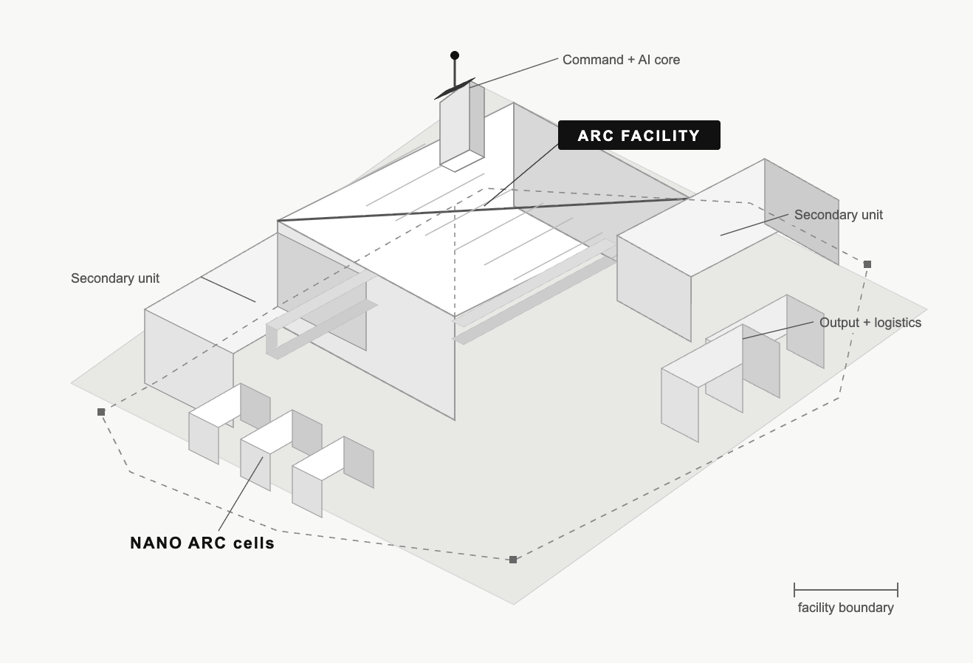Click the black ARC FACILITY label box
pyautogui.click(x=639, y=135)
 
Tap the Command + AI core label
pyautogui.click(x=621, y=60)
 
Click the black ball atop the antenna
pyautogui.click(x=455, y=55)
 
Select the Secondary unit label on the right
pyautogui.click(x=839, y=215)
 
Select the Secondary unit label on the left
pyautogui.click(x=115, y=278)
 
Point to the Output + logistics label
pyautogui.click(x=870, y=323)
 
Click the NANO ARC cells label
pyautogui.click(x=202, y=543)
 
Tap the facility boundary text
pyautogui.click(x=846, y=608)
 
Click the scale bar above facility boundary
pyautogui.click(x=846, y=590)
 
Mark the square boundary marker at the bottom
pyautogui.click(x=513, y=560)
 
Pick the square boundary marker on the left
pyautogui.click(x=101, y=412)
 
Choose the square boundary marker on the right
pyautogui.click(x=867, y=264)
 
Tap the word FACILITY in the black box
pyautogui.click(x=660, y=136)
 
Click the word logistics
pyautogui.click(x=898, y=323)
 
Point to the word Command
pyautogui.click(x=593, y=60)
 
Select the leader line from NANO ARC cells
pyautogui.click(x=241, y=494)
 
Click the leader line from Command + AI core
pyautogui.click(x=513, y=72)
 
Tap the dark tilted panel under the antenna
pyautogui.click(x=454, y=89)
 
